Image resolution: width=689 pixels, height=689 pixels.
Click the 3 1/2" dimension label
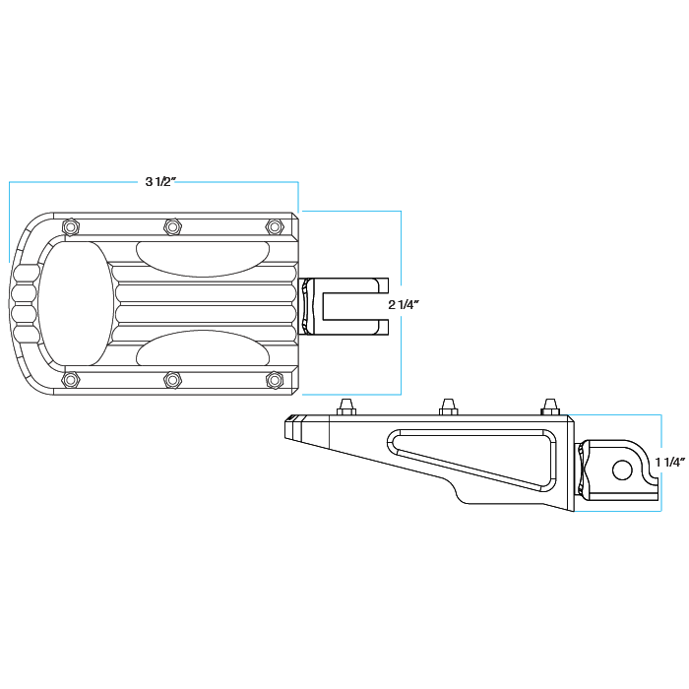tap(160, 182)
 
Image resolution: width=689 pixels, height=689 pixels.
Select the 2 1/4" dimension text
tap(404, 305)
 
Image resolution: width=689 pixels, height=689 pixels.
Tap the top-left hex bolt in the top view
tap(70, 227)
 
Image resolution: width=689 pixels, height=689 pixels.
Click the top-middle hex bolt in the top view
tap(173, 227)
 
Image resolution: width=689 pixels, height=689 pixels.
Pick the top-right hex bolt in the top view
tap(275, 227)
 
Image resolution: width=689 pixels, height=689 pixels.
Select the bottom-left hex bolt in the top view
tap(70, 379)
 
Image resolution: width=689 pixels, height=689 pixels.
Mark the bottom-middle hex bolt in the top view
tap(173, 379)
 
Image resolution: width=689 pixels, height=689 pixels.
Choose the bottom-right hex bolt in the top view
tap(275, 379)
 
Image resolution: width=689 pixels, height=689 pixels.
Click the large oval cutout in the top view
tap(75, 303)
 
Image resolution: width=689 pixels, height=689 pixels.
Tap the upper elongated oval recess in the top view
tap(201, 257)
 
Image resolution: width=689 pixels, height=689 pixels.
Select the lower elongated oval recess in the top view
tap(201, 349)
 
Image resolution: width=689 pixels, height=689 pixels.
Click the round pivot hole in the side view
tap(622, 470)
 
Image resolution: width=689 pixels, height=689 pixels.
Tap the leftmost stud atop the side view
tap(345, 407)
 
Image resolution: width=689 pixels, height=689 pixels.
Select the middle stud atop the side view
tap(448, 407)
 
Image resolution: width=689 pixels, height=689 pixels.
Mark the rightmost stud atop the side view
tap(550, 407)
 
